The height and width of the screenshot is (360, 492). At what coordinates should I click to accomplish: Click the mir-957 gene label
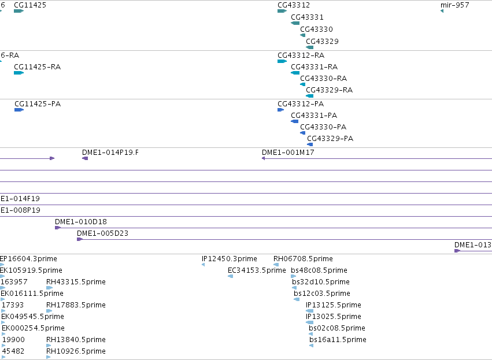tap(454, 5)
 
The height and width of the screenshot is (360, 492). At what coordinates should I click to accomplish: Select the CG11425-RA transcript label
tap(38, 67)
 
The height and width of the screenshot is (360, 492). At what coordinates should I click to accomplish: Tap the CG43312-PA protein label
tap(301, 104)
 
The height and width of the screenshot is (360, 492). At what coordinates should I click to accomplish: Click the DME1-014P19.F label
tap(110, 153)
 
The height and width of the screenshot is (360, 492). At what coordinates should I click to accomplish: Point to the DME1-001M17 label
tap(288, 153)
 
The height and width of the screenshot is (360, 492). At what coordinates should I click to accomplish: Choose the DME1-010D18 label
tap(81, 222)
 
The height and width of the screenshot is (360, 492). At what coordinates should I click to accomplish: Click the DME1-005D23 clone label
tap(102, 233)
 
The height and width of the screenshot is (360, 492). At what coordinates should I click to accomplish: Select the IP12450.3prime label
tap(230, 259)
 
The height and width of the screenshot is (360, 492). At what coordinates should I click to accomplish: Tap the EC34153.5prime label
tap(257, 270)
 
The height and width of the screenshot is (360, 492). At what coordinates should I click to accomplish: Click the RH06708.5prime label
tap(303, 259)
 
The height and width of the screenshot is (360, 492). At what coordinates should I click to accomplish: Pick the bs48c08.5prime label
tap(319, 270)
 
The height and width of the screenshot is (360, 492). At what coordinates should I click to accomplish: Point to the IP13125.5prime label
tap(334, 305)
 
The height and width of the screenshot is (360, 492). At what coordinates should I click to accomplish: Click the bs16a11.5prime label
tap(338, 340)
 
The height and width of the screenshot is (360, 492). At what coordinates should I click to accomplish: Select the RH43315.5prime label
tap(76, 282)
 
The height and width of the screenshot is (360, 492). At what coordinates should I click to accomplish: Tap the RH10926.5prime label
tap(76, 351)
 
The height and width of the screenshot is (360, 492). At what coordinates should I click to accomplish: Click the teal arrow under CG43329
tap(310, 47)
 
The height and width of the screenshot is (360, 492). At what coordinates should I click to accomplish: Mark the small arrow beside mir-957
tap(442, 11)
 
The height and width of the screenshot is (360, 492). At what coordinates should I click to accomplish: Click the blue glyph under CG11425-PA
tap(19, 110)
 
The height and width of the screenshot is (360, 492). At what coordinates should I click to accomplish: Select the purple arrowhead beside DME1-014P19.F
tap(85, 158)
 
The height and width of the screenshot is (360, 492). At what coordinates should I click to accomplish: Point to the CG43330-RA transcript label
tap(324, 79)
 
